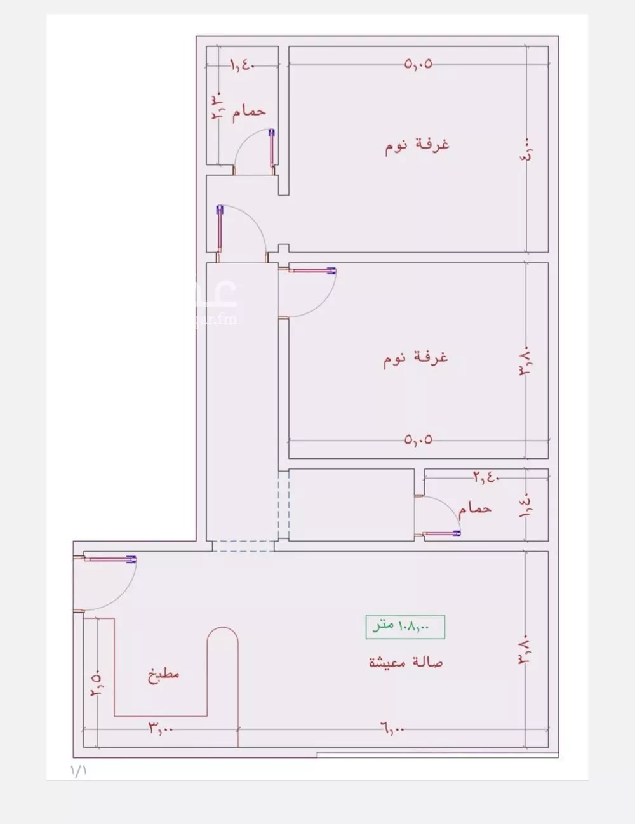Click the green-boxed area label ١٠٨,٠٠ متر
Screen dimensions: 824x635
(x=405, y=627)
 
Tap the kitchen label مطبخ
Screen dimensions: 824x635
(x=164, y=674)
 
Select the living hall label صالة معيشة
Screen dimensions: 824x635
(x=406, y=662)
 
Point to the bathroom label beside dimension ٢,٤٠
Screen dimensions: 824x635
(x=475, y=508)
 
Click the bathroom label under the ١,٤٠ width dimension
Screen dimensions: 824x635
(x=248, y=111)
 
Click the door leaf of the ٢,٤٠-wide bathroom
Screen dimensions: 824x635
(x=442, y=534)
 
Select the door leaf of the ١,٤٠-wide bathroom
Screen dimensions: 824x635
(x=272, y=150)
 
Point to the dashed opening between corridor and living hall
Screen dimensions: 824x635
(x=243, y=546)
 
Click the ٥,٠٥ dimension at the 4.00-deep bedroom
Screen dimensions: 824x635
(x=418, y=63)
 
